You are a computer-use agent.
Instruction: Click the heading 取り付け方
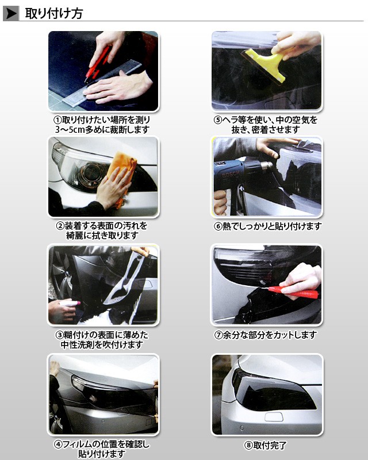pyautogui.click(x=54, y=13)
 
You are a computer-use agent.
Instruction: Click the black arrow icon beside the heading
pyautogui.click(x=11, y=14)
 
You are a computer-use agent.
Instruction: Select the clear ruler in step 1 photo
pyautogui.click(x=102, y=83)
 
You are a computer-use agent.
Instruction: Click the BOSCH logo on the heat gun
pyautogui.click(x=231, y=175)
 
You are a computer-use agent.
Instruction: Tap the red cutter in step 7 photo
pyautogui.click(x=293, y=292)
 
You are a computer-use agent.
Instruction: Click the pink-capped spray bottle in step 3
pyautogui.click(x=70, y=304)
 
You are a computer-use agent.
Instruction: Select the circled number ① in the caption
pyautogui.click(x=57, y=120)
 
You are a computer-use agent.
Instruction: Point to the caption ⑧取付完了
pyautogui.click(x=265, y=445)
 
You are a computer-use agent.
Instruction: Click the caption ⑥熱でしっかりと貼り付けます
pyautogui.click(x=267, y=226)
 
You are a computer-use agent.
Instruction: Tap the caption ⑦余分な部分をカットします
pyautogui.click(x=266, y=335)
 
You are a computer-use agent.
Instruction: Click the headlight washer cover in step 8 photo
pyautogui.click(x=274, y=416)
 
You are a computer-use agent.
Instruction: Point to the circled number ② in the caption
pyautogui.click(x=60, y=226)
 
